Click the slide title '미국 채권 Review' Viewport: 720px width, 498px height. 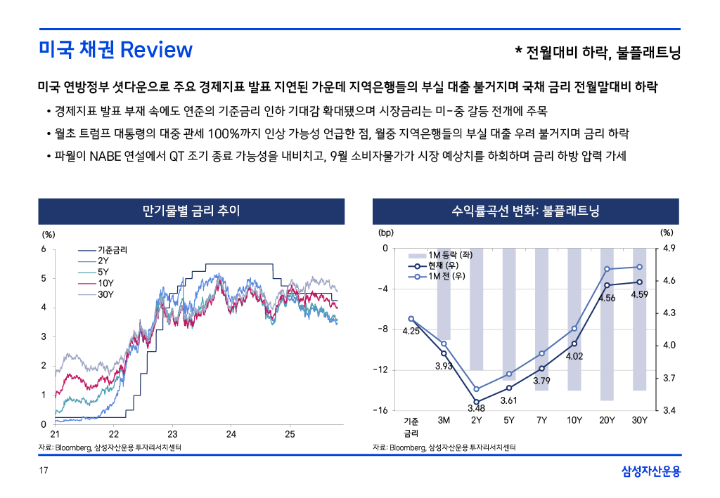(115, 50)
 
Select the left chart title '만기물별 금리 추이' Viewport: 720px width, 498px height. (191, 211)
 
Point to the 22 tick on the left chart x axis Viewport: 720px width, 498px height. (114, 434)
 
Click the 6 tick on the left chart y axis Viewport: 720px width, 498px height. (44, 249)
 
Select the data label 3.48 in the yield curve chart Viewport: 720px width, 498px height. (476, 408)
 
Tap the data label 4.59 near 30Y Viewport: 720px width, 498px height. (639, 294)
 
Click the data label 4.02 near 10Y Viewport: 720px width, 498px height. (574, 356)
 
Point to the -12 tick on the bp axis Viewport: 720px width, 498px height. (380, 369)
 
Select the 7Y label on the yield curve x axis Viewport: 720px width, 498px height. (541, 421)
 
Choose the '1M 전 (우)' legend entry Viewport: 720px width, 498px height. (446, 276)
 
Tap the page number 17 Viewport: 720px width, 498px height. (43, 470)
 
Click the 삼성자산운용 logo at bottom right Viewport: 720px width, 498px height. (651, 471)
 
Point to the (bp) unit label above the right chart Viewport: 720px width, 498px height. (387, 232)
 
